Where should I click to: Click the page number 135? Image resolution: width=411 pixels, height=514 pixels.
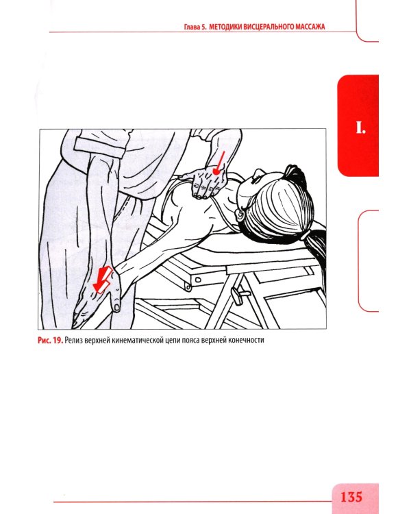point(351,497)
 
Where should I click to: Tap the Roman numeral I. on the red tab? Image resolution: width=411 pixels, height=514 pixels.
point(360,127)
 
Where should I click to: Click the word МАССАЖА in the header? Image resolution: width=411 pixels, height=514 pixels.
point(310,27)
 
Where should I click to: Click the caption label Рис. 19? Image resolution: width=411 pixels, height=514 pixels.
point(50,340)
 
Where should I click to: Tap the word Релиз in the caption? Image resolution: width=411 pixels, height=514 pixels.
point(73,340)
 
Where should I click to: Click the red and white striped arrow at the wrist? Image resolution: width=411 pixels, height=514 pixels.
point(102,280)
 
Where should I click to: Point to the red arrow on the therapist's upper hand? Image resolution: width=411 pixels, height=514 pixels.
point(219,162)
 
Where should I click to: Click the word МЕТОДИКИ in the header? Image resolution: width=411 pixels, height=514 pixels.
point(225,27)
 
